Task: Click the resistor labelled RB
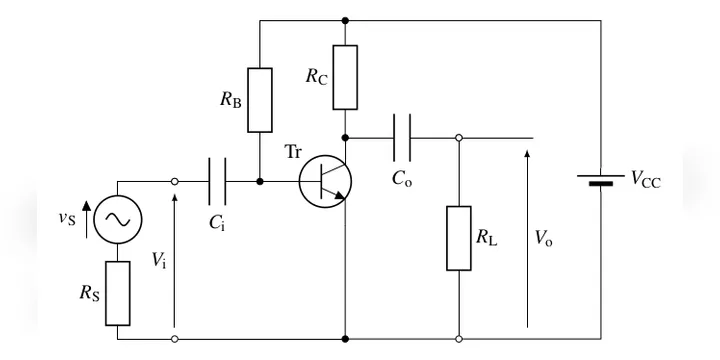(x=260, y=100)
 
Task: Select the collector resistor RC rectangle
(x=345, y=77)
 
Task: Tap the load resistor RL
(x=459, y=238)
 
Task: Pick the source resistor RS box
(x=118, y=293)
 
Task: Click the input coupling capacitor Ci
(x=217, y=181)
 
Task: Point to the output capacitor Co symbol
(x=402, y=138)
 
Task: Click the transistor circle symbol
(x=325, y=181)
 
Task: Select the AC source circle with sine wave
(x=118, y=219)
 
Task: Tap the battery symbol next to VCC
(x=601, y=180)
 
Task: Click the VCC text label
(x=646, y=179)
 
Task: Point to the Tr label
(x=293, y=152)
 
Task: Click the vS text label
(x=67, y=218)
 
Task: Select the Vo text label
(x=544, y=239)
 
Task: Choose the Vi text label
(x=159, y=260)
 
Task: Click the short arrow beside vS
(x=86, y=219)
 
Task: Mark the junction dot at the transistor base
(x=260, y=181)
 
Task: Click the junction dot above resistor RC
(x=345, y=21)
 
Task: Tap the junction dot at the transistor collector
(x=345, y=138)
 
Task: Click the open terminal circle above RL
(x=459, y=138)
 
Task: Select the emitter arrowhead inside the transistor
(x=339, y=195)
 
